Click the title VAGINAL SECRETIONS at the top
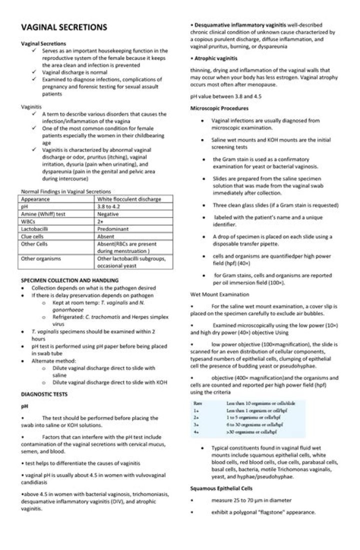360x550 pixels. [63, 27]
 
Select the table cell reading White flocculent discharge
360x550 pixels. [129, 199]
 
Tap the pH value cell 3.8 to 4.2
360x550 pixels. [110, 206]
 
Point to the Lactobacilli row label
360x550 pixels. [35, 228]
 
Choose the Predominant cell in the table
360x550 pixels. [113, 228]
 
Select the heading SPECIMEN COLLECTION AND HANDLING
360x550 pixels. [69, 280]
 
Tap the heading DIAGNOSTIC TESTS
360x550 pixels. [44, 394]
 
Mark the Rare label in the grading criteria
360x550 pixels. [198, 402]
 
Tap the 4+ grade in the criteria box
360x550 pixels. [197, 431]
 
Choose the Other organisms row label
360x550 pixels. [40, 258]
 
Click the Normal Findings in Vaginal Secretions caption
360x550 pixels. [66, 191]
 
